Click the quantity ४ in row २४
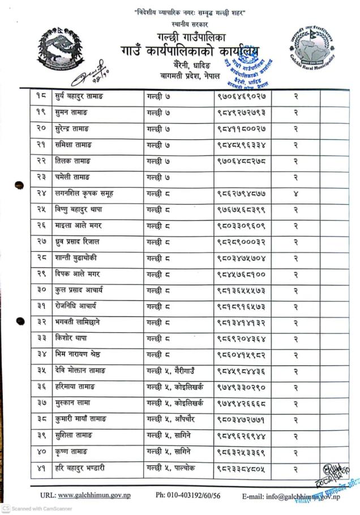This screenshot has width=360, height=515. click(296, 194)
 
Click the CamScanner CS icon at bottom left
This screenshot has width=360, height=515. click(5, 509)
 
